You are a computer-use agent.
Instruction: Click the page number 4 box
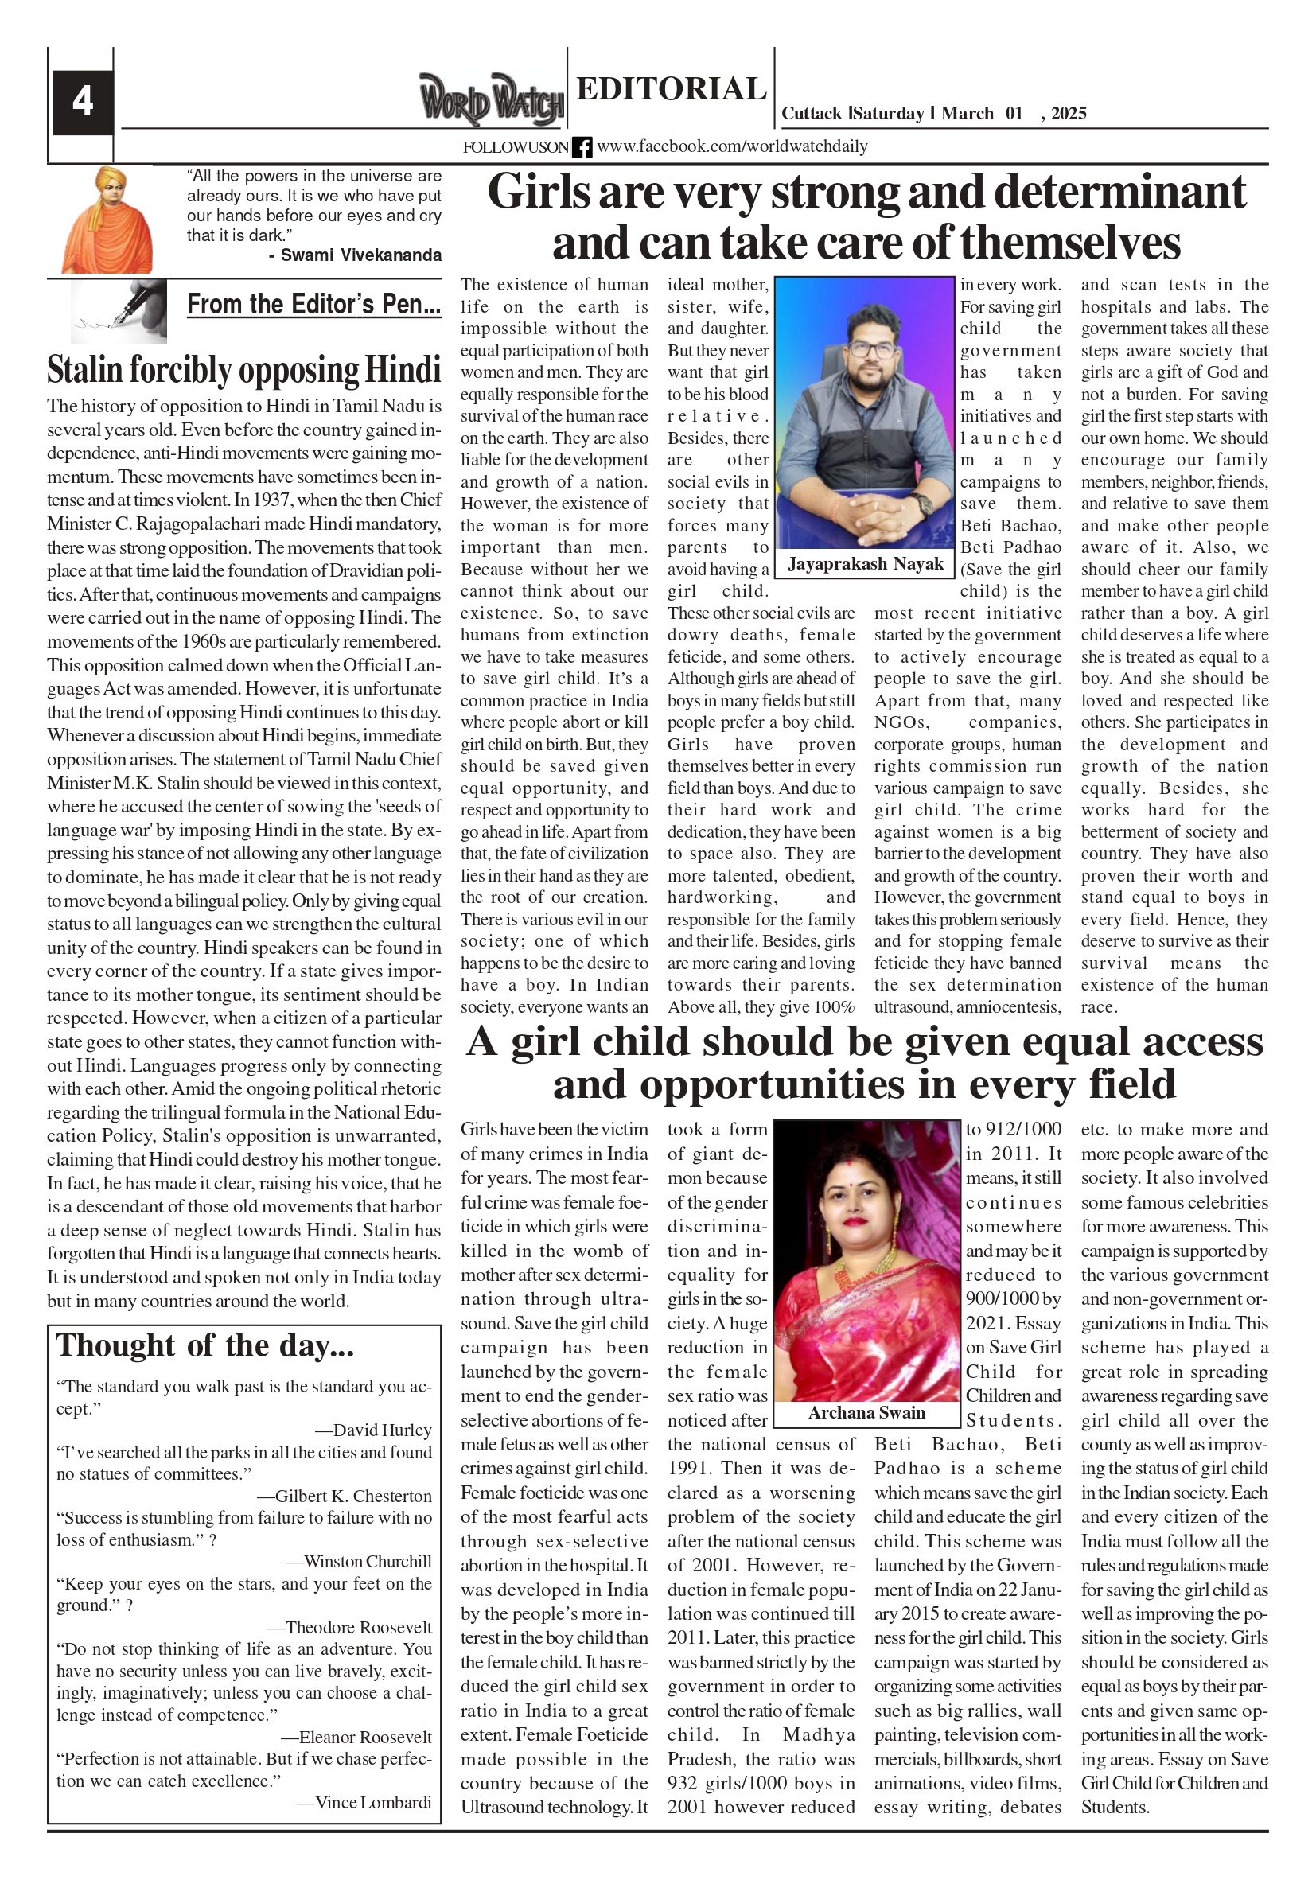click(x=82, y=102)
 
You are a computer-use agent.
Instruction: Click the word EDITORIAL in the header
click(x=671, y=88)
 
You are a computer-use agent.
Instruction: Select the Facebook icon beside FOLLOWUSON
click(x=582, y=147)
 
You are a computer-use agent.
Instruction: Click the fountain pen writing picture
click(x=119, y=310)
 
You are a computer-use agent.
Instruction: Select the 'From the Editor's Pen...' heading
click(x=313, y=305)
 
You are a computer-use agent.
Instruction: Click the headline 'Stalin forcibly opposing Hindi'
click(x=243, y=369)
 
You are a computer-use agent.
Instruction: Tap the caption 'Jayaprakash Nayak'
click(x=865, y=564)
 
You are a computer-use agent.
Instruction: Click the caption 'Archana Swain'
click(x=866, y=1412)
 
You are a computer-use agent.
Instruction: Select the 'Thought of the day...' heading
click(x=204, y=1346)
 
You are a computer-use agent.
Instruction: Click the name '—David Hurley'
click(x=373, y=1430)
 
